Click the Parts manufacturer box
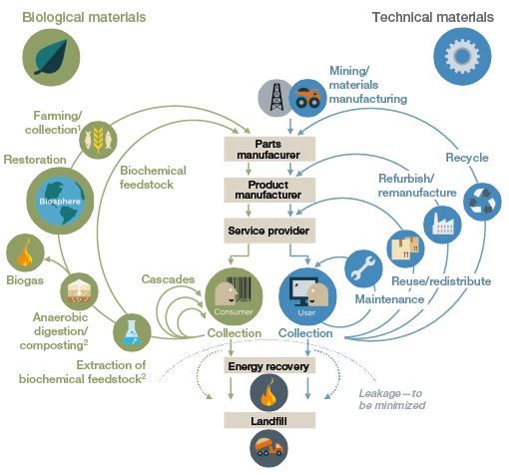click(x=269, y=149)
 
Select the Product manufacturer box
click(x=269, y=190)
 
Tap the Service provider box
click(x=269, y=231)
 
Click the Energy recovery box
click(x=269, y=366)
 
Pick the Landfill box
click(x=269, y=420)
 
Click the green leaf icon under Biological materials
click(x=51, y=57)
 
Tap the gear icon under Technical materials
click(x=462, y=57)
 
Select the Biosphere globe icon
click(x=60, y=201)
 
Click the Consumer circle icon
click(x=234, y=296)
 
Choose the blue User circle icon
click(x=307, y=296)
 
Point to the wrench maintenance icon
click(x=363, y=268)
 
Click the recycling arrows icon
click(x=482, y=202)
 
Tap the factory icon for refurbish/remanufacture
click(x=442, y=225)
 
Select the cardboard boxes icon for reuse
click(x=405, y=248)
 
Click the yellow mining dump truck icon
click(x=307, y=98)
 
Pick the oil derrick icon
click(x=276, y=98)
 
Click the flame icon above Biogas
click(x=25, y=252)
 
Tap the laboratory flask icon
click(x=132, y=332)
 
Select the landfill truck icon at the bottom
click(x=268, y=448)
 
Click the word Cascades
click(x=168, y=279)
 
